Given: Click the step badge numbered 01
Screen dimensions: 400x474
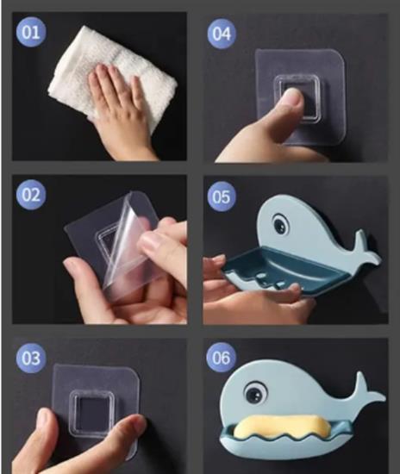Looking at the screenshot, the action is click(31, 32).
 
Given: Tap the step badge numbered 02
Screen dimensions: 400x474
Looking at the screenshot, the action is click(31, 195).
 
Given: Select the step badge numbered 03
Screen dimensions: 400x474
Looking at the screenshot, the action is click(31, 358).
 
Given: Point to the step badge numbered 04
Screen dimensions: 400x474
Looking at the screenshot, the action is click(222, 34).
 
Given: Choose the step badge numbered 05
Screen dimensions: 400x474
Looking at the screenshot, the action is click(222, 196).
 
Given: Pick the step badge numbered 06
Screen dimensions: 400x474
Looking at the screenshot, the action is click(221, 358).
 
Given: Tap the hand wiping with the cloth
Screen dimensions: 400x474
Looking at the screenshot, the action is click(121, 109).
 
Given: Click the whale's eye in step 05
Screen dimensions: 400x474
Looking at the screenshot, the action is click(281, 225).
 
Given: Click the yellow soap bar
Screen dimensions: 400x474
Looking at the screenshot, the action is click(281, 427).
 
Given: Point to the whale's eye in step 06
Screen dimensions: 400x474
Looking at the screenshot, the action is click(256, 392).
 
